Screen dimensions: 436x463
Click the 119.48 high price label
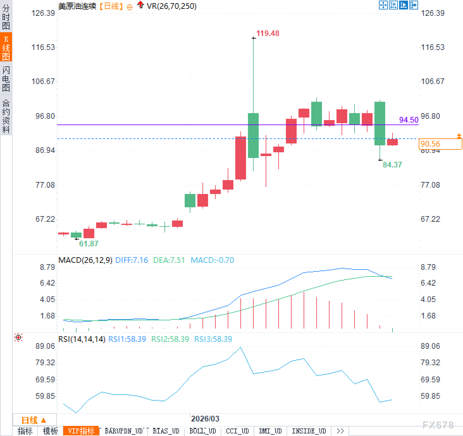(268, 33)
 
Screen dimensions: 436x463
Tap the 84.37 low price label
(392, 165)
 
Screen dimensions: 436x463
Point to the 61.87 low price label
(89, 244)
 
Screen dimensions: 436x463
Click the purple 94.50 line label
(409, 120)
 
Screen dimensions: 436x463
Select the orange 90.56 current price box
(440, 144)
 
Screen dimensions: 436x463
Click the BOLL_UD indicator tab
(202, 431)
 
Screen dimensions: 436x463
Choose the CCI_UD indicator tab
(237, 431)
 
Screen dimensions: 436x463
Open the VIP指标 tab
(81, 431)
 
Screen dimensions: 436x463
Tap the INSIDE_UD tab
(309, 431)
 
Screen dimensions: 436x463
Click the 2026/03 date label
(205, 419)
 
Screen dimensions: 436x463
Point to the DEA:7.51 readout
(169, 260)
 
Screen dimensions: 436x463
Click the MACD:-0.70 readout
(212, 260)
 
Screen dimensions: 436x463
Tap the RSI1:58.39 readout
(127, 339)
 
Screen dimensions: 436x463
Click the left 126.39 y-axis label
(43, 13)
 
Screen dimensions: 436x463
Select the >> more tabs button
(340, 431)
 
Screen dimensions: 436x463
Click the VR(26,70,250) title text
(171, 6)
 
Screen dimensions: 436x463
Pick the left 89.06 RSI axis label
(45, 346)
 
